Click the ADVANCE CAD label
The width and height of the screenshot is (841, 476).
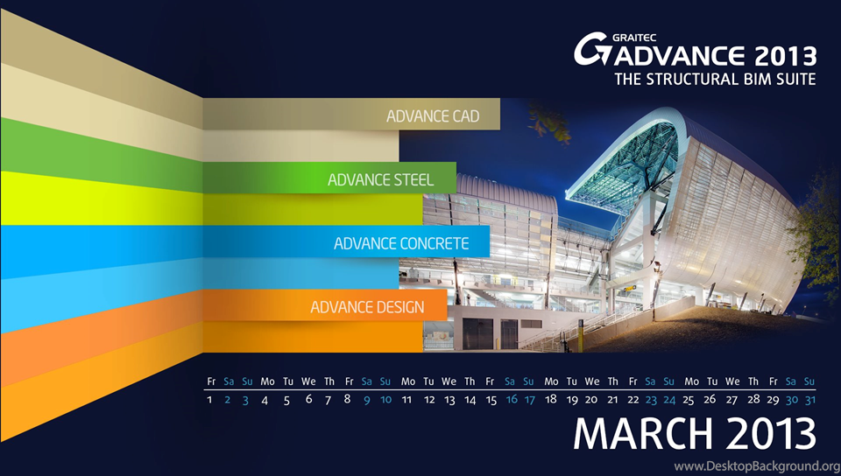coord(433,116)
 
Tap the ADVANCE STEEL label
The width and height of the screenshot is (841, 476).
coord(381,180)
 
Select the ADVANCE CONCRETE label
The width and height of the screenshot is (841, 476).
coord(401,243)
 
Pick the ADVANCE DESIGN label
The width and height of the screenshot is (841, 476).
coord(367,307)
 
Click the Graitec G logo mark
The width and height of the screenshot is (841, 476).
coord(592,49)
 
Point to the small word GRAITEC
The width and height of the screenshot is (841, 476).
coord(634,38)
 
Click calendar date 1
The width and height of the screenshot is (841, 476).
coord(209,399)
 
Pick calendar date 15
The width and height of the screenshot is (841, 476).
coord(491,400)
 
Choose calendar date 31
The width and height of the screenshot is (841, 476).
coord(809,399)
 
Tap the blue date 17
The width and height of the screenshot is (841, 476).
coord(529,399)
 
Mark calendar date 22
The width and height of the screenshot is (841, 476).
coord(633,399)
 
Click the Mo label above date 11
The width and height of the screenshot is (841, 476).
coord(407,381)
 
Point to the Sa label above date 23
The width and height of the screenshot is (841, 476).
coord(650,381)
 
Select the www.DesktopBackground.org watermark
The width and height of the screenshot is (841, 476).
coord(757,465)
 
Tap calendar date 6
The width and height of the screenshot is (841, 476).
coord(308,399)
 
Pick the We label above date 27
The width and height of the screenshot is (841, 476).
coord(732,381)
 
